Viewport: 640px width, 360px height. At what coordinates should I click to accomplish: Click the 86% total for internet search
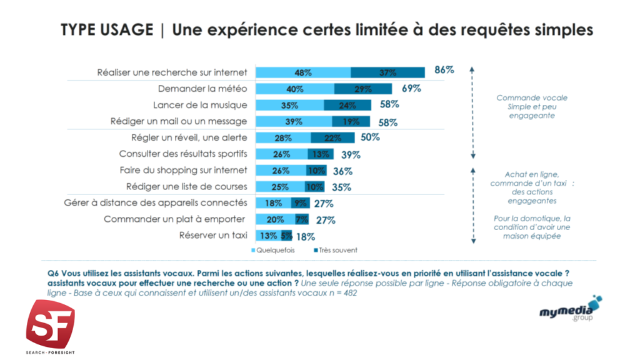pyautogui.click(x=444, y=70)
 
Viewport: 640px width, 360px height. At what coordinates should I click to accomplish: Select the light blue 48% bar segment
pyautogui.click(x=303, y=72)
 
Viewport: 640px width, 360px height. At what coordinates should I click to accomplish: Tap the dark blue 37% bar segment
pyautogui.click(x=387, y=72)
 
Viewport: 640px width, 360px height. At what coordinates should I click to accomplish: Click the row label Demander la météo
pyautogui.click(x=202, y=89)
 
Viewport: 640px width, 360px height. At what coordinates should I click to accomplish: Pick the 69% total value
pyautogui.click(x=411, y=89)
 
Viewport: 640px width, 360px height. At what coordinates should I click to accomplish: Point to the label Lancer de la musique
pyautogui.click(x=200, y=105)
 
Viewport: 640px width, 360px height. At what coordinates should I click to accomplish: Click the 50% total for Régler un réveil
pyautogui.click(x=371, y=137)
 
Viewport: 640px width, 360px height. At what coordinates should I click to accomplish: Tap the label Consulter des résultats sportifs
pyautogui.click(x=183, y=154)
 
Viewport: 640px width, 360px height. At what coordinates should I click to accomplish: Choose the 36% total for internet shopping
pyautogui.click(x=342, y=171)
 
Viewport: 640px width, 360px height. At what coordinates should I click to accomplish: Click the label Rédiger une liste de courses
pyautogui.click(x=186, y=186)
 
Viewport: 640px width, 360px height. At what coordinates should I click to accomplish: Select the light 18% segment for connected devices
pyautogui.click(x=273, y=203)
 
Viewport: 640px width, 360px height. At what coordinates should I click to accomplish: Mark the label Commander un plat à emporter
pyautogui.click(x=175, y=219)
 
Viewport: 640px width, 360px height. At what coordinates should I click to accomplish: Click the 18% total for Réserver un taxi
pyautogui.click(x=305, y=236)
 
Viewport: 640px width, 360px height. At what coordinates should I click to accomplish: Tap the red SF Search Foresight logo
pyautogui.click(x=49, y=322)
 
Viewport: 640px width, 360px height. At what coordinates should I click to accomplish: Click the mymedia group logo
pyautogui.click(x=570, y=309)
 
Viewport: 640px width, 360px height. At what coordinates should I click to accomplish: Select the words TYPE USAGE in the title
pyautogui.click(x=107, y=30)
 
